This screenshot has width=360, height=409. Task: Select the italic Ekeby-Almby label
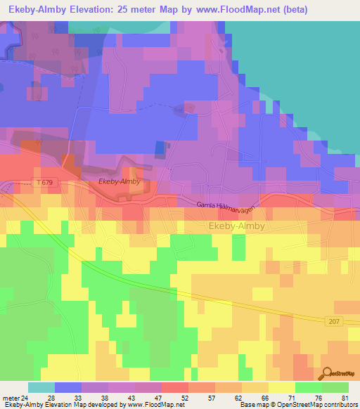pyautogui.click(x=120, y=181)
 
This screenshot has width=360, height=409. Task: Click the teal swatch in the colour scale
pyautogui.click(x=41, y=387)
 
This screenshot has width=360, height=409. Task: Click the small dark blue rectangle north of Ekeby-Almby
pyautogui.click(x=158, y=148)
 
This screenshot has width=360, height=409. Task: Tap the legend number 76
pyautogui.click(x=319, y=398)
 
